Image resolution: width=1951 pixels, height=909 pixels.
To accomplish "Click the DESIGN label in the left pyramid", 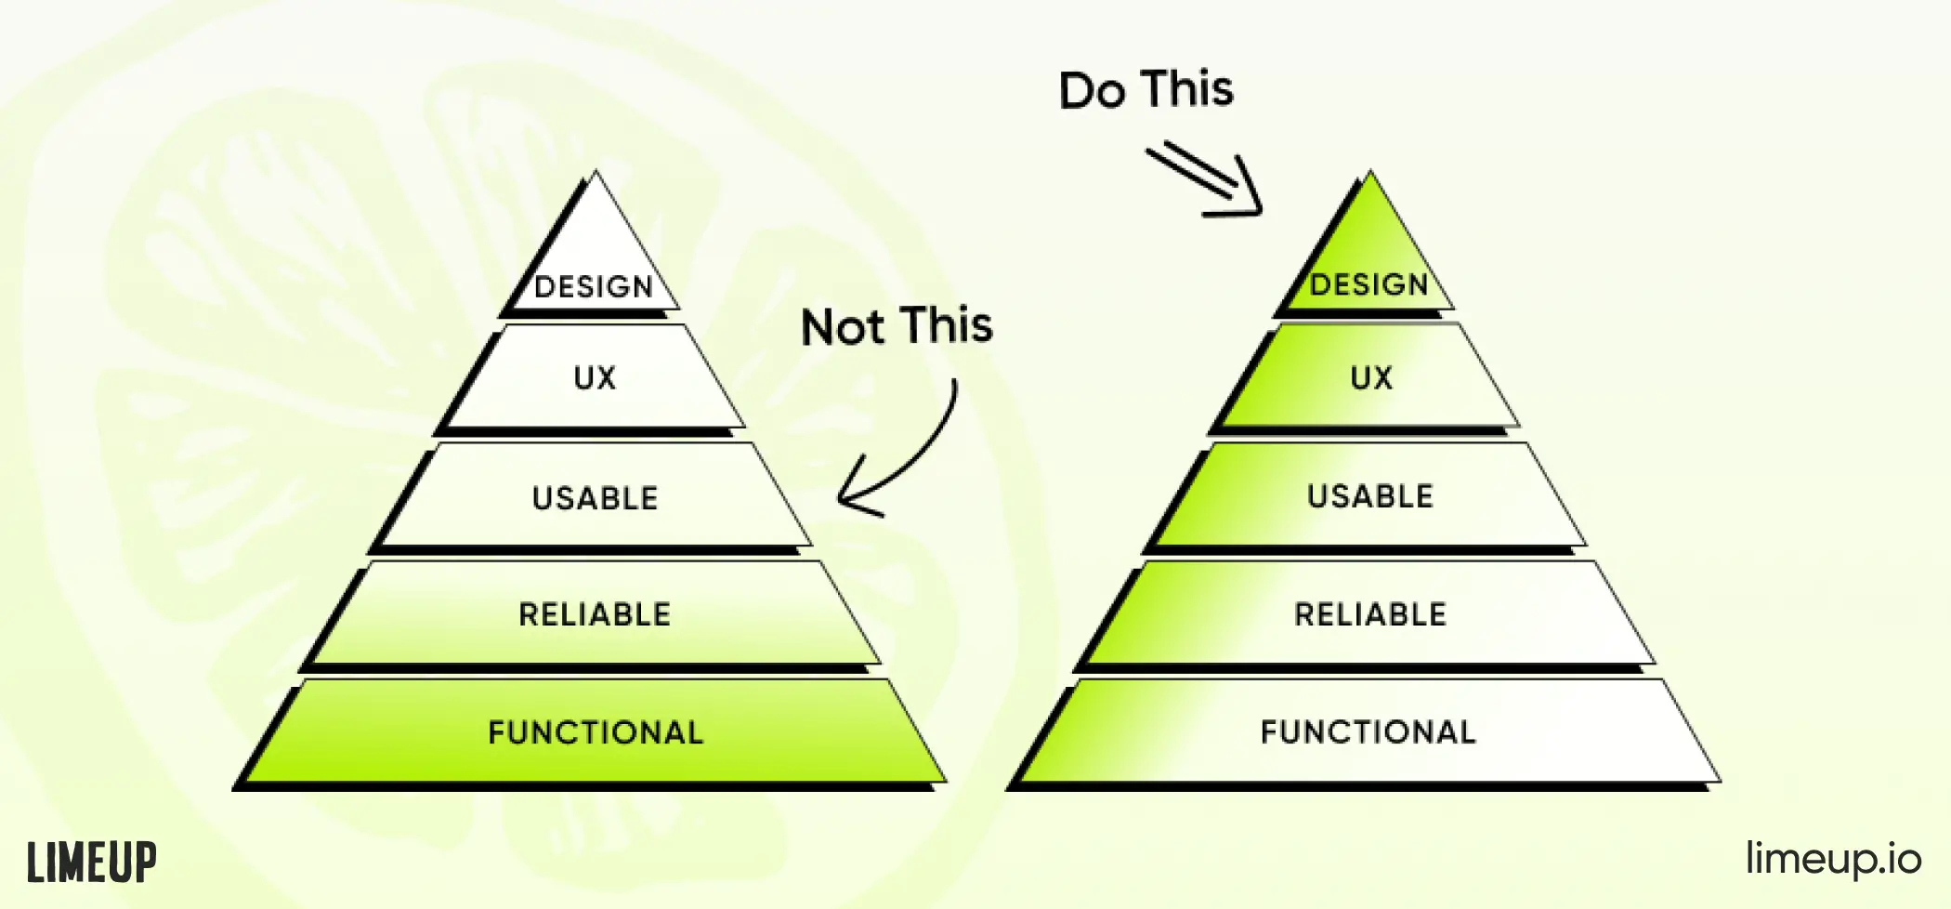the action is click(x=594, y=286).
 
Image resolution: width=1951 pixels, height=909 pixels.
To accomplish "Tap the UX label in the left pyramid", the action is click(x=595, y=377).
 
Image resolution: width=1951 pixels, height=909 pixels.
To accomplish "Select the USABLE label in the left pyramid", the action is click(x=595, y=498).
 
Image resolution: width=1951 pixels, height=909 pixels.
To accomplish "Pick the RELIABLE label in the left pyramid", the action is click(x=595, y=614).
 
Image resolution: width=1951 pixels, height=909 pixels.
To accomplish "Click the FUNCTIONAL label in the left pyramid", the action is click(x=596, y=732).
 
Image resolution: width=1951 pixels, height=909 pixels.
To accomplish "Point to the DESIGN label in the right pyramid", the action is click(x=1369, y=284).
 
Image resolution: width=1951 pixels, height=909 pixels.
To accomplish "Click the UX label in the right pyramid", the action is click(x=1371, y=377).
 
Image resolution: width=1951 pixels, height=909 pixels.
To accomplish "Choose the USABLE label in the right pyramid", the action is click(x=1370, y=496).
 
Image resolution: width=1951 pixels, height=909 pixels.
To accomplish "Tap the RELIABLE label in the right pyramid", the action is click(x=1370, y=614).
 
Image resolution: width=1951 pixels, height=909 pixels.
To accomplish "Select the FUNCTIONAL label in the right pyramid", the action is click(x=1368, y=732).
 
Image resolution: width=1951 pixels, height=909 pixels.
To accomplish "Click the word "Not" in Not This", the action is click(x=843, y=327).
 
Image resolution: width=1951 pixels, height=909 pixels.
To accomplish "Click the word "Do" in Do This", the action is click(x=1093, y=91).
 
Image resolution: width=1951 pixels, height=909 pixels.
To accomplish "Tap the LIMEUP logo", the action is click(x=91, y=863).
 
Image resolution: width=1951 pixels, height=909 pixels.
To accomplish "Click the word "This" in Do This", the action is click(x=1187, y=89).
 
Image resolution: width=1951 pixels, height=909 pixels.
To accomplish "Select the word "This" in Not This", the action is click(x=947, y=325).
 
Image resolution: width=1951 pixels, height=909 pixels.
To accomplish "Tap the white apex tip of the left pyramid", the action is click(x=596, y=172).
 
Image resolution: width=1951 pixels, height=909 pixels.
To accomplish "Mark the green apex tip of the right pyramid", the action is click(x=1370, y=172).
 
